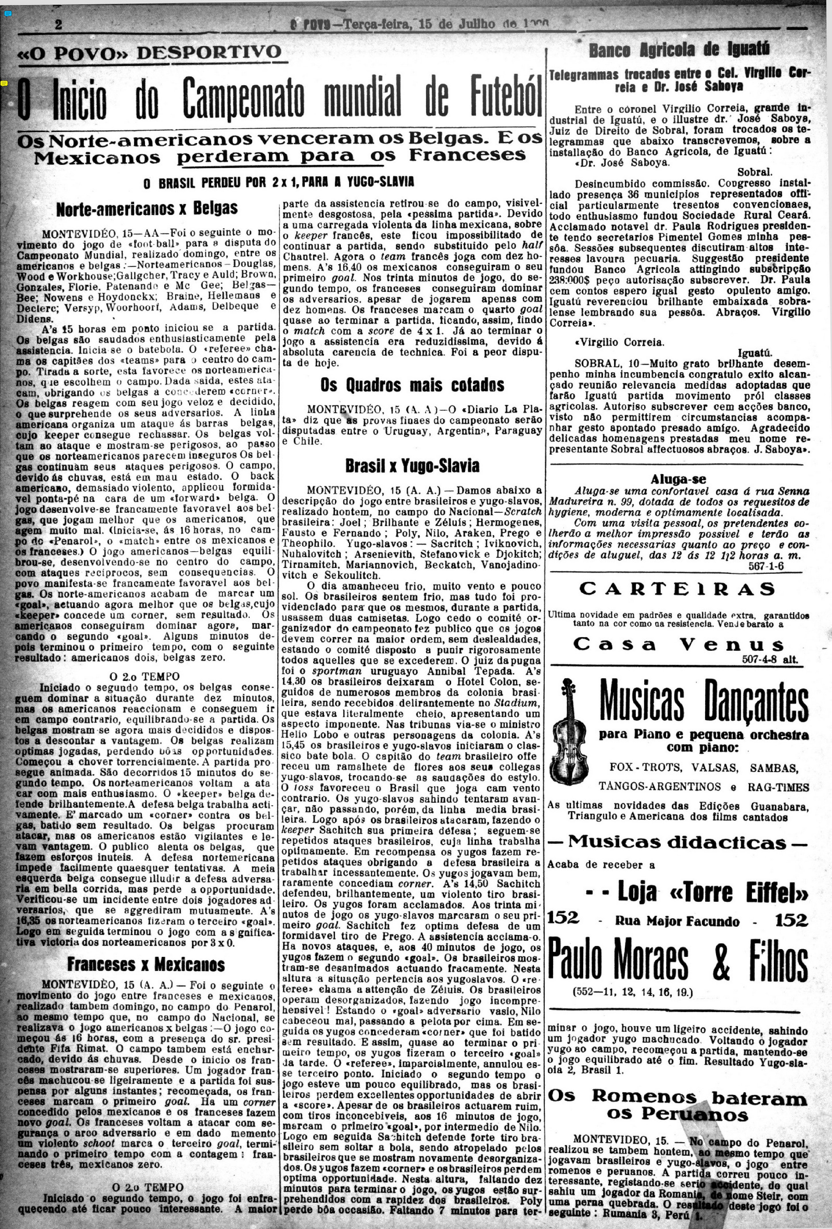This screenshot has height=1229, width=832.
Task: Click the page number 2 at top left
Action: click(x=58, y=25)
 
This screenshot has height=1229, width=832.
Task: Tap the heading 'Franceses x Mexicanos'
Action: click(x=146, y=964)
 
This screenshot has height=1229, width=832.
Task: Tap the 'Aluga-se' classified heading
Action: click(x=678, y=479)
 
